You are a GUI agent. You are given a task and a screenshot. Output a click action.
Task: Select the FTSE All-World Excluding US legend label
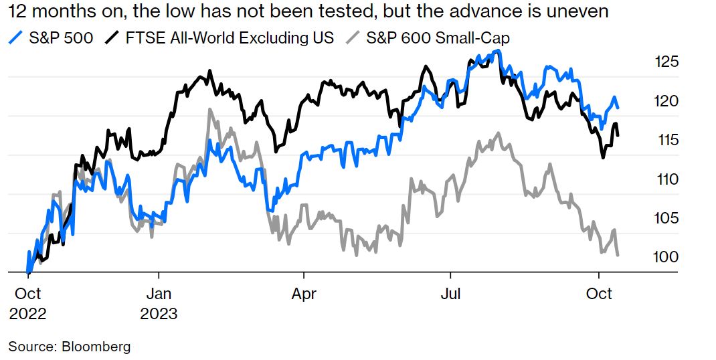coord(230,37)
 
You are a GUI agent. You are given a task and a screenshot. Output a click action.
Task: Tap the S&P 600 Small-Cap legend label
coord(438,37)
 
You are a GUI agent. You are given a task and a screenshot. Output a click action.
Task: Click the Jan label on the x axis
coord(159,294)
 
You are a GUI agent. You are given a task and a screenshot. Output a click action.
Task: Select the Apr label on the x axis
coord(304,294)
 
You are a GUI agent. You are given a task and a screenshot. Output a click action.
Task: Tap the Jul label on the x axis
coord(450,294)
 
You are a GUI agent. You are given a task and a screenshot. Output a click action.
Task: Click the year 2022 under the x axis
coord(27,314)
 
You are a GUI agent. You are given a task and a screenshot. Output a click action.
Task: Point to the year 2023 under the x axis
coord(159,314)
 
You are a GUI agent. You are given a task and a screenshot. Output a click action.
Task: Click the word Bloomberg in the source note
coord(96,347)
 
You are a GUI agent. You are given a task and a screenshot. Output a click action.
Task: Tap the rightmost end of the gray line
coord(618,255)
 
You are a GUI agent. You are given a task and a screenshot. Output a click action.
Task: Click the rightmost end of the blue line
coord(618,108)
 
